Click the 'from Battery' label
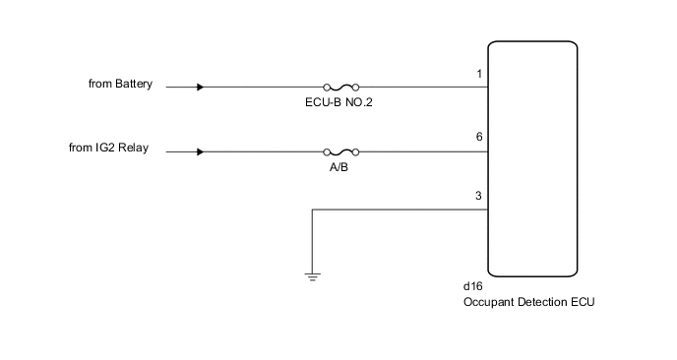pyautogui.click(x=120, y=85)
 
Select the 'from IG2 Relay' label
pyautogui.click(x=108, y=150)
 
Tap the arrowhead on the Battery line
pyautogui.click(x=201, y=87)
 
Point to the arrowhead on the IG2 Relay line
pyautogui.click(x=201, y=152)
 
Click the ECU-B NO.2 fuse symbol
pyautogui.click(x=340, y=87)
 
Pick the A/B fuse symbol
pyautogui.click(x=340, y=152)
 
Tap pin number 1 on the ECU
pyautogui.click(x=478, y=75)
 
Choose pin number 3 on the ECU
pyautogui.click(x=478, y=196)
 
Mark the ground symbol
pyautogui.click(x=312, y=276)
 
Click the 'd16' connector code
pyautogui.click(x=472, y=287)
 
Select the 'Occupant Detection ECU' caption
pyautogui.click(x=529, y=302)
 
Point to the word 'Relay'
pyautogui.click(x=133, y=150)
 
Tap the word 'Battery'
pyautogui.click(x=135, y=85)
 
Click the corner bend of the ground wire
pyautogui.click(x=312, y=209)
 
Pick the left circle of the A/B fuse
pyautogui.click(x=327, y=152)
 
